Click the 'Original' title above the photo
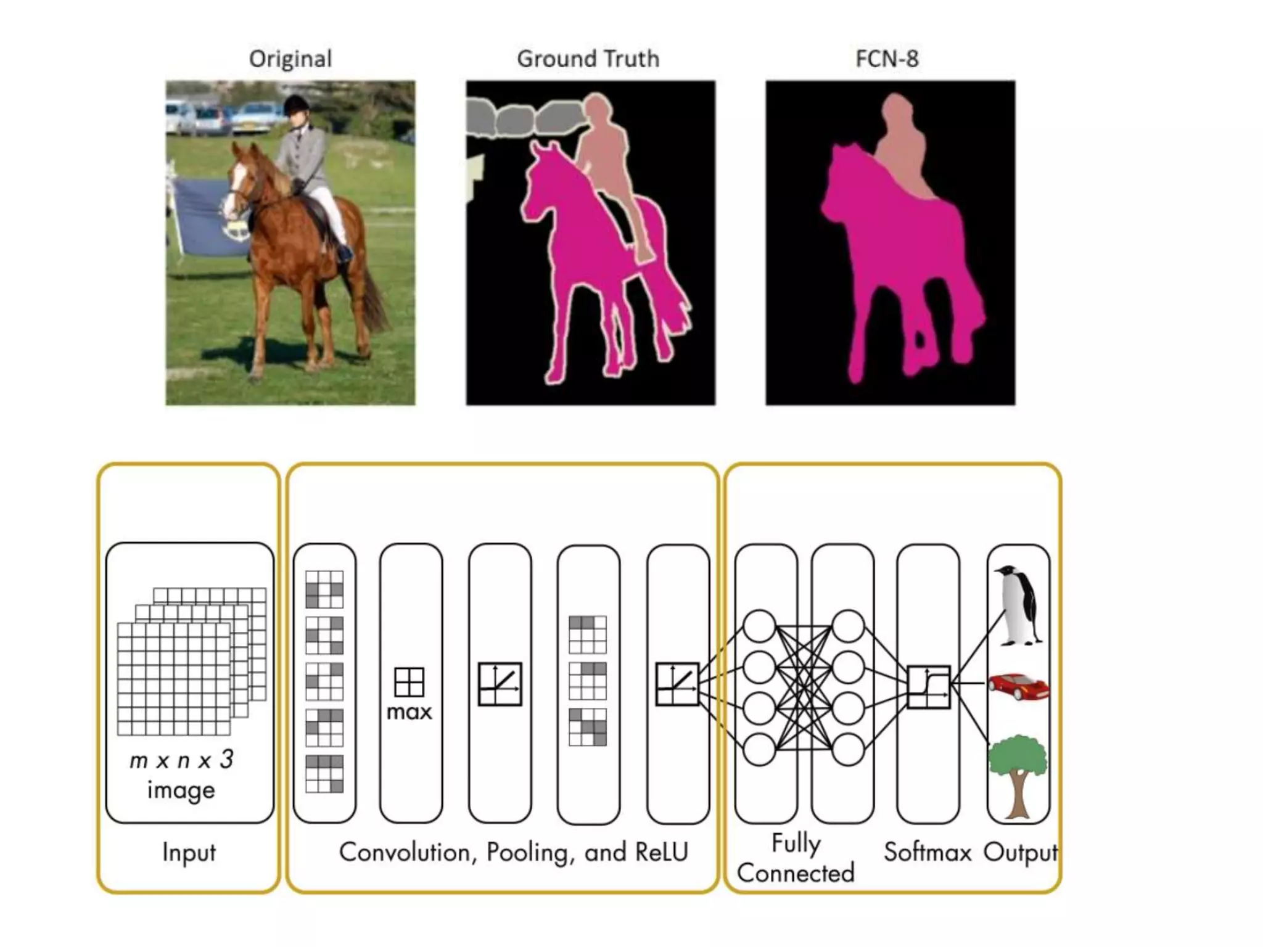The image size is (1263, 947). coord(290,59)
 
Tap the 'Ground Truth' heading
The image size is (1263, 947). coord(588,59)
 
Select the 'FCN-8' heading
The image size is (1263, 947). coord(887,59)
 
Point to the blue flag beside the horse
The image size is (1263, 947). coord(204,216)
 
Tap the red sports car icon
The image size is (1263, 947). coord(1018,686)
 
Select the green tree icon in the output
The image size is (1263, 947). coord(1018,774)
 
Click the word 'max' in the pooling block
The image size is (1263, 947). coord(409,713)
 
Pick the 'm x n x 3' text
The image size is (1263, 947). coord(181,760)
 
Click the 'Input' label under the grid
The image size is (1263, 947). coord(189,852)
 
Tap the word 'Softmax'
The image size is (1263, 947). coord(927,852)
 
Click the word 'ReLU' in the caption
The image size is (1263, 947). coord(661,852)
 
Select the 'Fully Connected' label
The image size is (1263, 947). coord(796,858)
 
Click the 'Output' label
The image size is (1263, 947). coord(1020,852)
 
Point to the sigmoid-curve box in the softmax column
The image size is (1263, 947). coord(929,686)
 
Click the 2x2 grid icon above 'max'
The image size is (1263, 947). coord(409,682)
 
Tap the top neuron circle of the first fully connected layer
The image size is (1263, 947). coord(759,626)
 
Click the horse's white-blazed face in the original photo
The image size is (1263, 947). coord(237,179)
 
